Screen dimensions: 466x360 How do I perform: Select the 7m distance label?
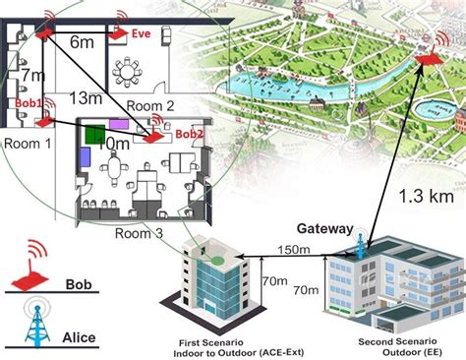click(x=32, y=75)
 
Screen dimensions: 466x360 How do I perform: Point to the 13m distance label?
click(x=87, y=98)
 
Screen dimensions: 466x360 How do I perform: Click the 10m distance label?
click(x=114, y=143)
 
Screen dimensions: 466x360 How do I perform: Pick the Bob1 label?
click(x=29, y=103)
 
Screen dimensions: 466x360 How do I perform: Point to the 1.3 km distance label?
click(x=424, y=196)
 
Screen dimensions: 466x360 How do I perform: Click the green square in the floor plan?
click(x=94, y=135)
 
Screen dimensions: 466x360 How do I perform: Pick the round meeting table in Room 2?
click(x=129, y=71)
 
